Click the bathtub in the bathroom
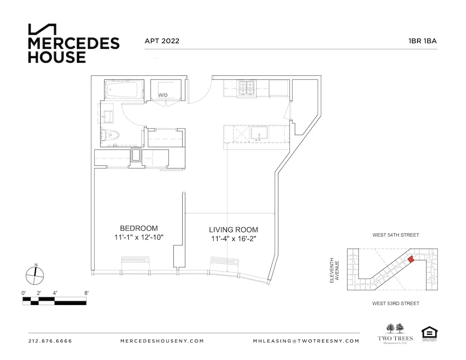click(x=123, y=89)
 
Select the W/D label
click(x=163, y=95)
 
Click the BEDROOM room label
click(x=139, y=228)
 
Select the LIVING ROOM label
click(x=233, y=230)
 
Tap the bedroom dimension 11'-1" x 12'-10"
click(x=139, y=238)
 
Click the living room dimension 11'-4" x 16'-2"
click(x=233, y=239)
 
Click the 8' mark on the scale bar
click(x=86, y=293)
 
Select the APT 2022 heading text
click(x=162, y=41)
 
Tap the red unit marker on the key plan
click(x=411, y=259)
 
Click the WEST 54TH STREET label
click(x=395, y=236)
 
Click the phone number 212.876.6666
click(x=50, y=341)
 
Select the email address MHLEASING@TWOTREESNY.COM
click(x=306, y=341)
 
